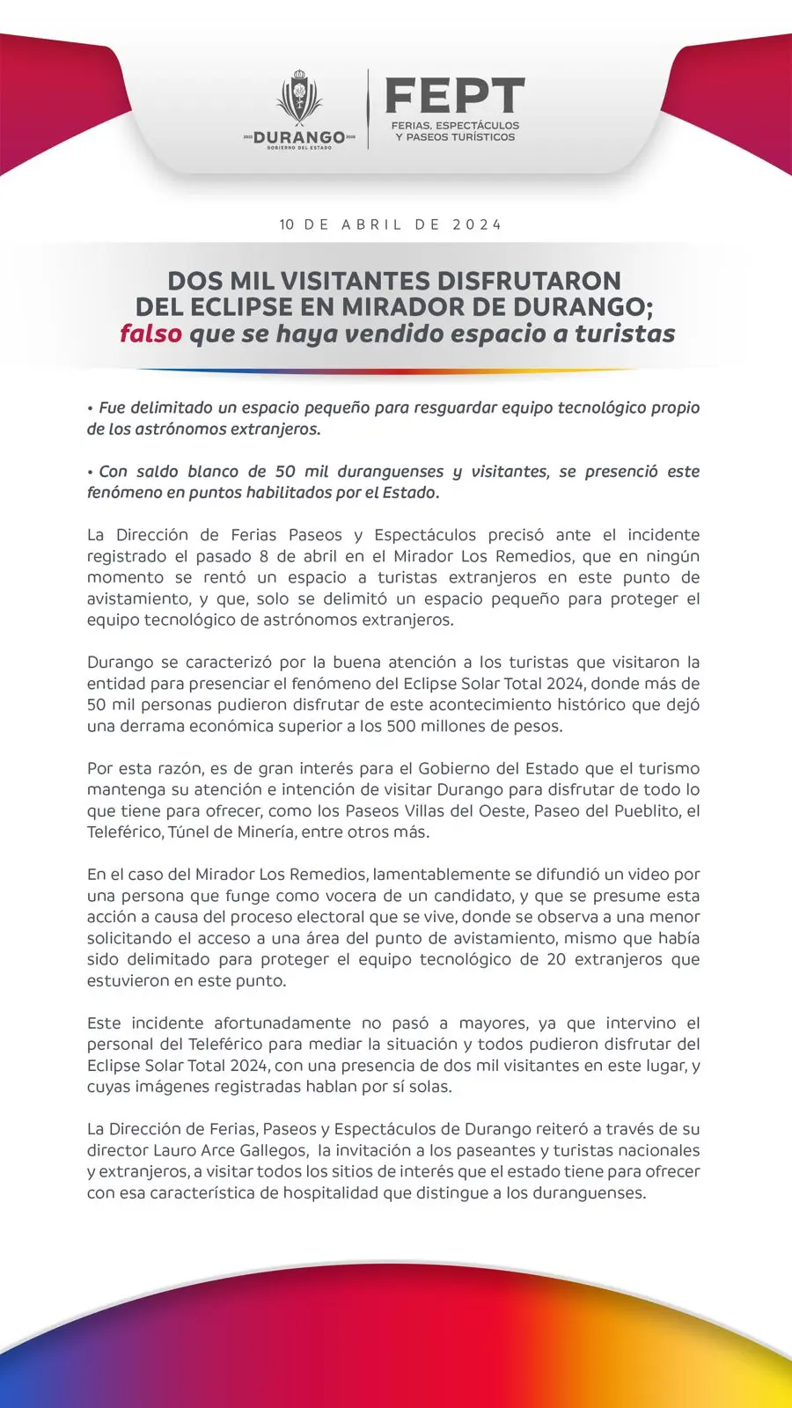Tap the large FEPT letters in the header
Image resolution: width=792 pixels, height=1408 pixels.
[455, 96]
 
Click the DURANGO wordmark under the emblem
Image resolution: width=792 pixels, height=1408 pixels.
[299, 138]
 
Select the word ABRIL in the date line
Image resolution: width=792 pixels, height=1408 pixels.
[371, 224]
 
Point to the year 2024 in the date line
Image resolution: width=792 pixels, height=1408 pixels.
[478, 224]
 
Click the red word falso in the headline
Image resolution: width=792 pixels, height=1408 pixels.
[150, 334]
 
